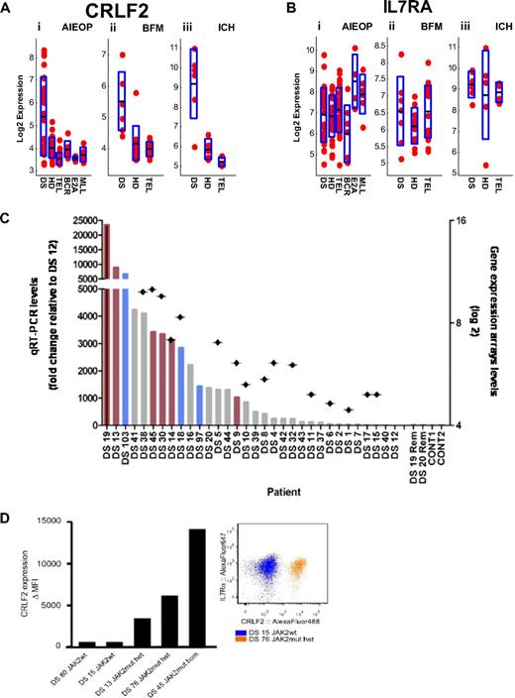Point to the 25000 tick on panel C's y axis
point(82,223)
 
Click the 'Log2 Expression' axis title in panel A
point(19,109)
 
